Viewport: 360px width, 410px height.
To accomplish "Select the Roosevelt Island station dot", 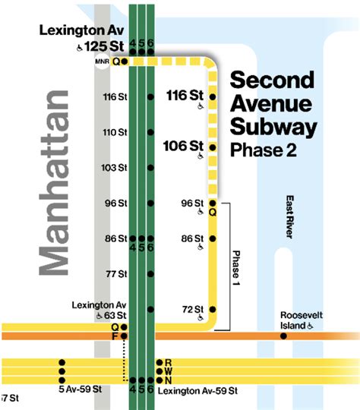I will click(x=283, y=335).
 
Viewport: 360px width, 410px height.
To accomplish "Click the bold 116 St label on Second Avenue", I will click(x=185, y=96).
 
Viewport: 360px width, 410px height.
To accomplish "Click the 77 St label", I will click(x=116, y=273).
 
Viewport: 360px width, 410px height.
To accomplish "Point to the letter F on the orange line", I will click(x=115, y=336).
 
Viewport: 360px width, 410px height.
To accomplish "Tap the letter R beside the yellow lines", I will click(x=168, y=362).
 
